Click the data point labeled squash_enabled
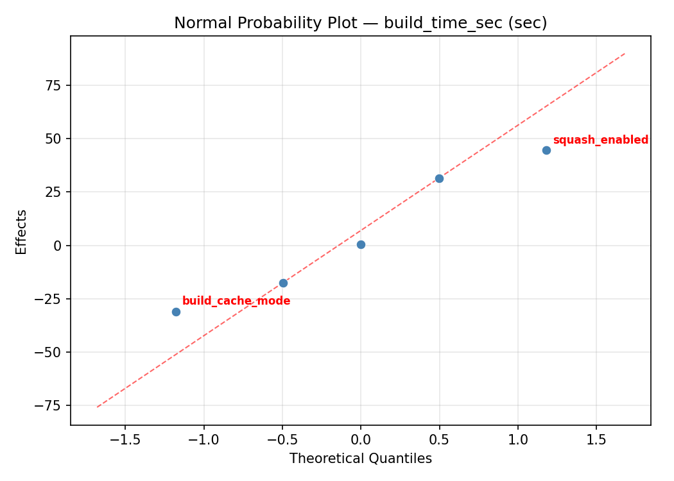coord(546,150)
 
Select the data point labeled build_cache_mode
coord(176,312)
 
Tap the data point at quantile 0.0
coord(361,244)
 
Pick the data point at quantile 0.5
coord(439,178)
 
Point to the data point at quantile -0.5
coord(283,283)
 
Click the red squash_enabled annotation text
coord(600,140)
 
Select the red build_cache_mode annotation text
coord(236,301)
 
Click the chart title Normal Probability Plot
coord(360,23)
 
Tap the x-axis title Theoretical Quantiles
coord(360,459)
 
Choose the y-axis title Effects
coord(22,232)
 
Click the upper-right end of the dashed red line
coord(625,53)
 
